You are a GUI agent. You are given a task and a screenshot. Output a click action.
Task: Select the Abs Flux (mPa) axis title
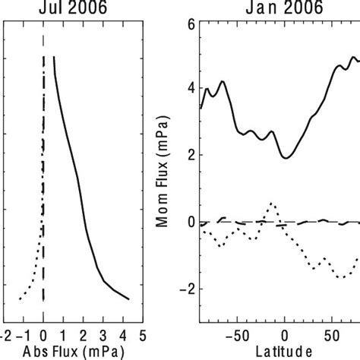pos(71,350)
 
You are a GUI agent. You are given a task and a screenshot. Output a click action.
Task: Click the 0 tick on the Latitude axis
pos(286,333)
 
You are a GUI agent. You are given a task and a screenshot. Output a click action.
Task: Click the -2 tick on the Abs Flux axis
pos(5,333)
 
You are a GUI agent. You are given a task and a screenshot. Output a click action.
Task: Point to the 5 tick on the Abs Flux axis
pos(144,333)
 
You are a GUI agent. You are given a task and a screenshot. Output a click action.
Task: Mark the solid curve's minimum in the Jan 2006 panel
pos(286,158)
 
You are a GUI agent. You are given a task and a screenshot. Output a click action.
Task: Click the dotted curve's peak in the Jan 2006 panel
pos(273,203)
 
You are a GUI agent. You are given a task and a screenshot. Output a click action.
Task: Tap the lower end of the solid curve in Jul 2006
pos(128,299)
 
